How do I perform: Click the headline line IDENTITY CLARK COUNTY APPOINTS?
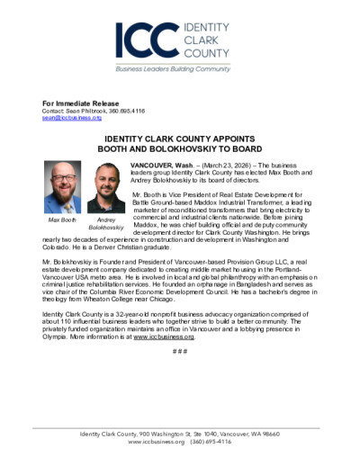(179, 141)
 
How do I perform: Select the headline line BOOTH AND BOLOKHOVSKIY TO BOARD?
(179, 152)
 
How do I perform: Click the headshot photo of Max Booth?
(62, 188)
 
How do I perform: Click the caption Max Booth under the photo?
(62, 220)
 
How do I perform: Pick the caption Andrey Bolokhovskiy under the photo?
(107, 224)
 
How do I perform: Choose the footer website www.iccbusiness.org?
(156, 443)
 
